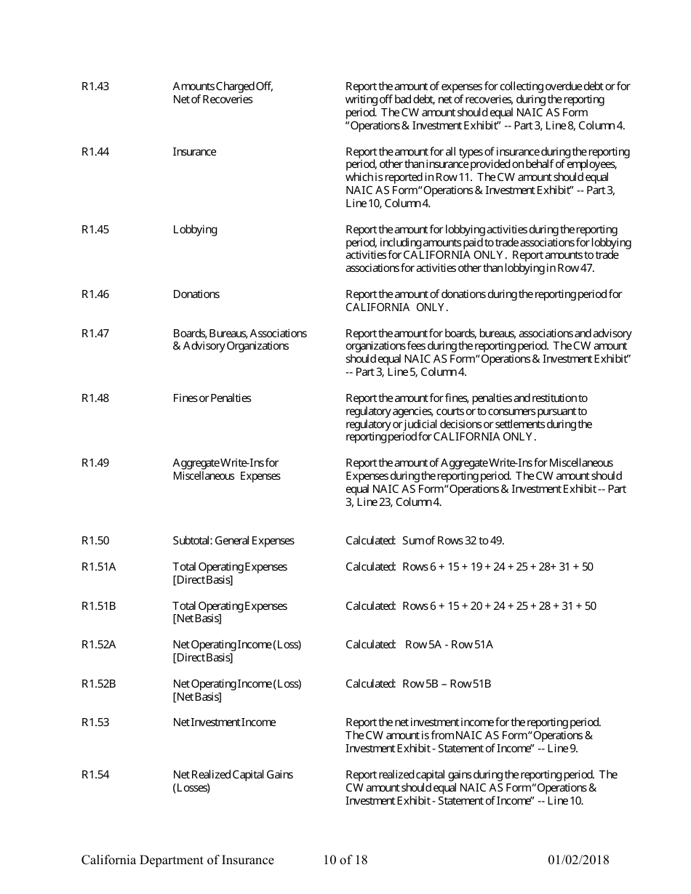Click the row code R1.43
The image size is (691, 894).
[x=95, y=86]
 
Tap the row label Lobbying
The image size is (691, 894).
[x=194, y=230]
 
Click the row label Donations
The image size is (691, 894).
[x=196, y=294]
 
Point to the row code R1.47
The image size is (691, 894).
[x=95, y=334]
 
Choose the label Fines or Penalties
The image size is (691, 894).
[x=212, y=398]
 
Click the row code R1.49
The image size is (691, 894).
[x=95, y=463]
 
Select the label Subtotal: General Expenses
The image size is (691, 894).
[x=233, y=541]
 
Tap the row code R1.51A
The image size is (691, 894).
[x=98, y=567]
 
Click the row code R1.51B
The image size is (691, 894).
[x=98, y=606]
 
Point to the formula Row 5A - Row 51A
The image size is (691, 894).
[x=449, y=645]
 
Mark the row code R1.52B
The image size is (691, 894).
[x=98, y=684]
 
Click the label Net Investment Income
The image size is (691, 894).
[x=224, y=722]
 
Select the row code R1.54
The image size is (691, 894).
[x=95, y=775]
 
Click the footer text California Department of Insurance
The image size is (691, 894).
[x=177, y=861]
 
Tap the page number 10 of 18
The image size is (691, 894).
[x=345, y=861]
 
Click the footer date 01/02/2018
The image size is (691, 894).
[x=578, y=861]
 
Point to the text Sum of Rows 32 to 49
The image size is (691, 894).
[x=453, y=541]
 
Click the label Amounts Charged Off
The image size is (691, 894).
[x=223, y=86]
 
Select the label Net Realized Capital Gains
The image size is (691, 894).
[x=233, y=775]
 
